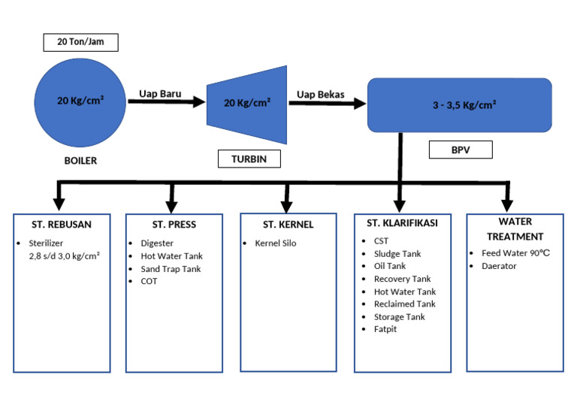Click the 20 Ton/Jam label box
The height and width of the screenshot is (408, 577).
80,43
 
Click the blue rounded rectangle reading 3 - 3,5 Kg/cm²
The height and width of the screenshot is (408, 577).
459,106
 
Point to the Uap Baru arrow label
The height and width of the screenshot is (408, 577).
158,94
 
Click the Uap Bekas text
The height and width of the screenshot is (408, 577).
321,94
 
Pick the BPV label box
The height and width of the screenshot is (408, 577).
461,150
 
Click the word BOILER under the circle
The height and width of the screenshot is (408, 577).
80,161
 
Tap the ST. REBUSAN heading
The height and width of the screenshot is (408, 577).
62,224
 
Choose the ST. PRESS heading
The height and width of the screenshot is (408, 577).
174,224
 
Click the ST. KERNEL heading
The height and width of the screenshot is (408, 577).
288,224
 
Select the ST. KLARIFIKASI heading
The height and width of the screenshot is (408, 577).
402,223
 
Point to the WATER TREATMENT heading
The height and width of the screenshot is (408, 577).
515,228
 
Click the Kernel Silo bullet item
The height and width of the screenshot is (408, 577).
276,243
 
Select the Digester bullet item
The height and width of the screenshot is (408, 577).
157,243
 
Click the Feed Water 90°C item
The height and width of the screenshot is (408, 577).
515,253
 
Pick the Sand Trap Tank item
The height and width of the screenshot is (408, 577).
171,269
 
